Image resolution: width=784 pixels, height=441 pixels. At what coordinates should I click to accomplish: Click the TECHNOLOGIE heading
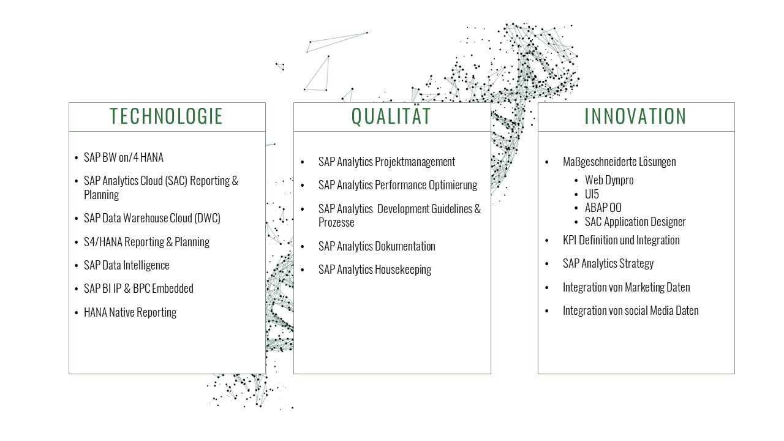pyautogui.click(x=166, y=116)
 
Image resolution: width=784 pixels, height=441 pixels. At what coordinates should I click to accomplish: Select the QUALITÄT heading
pyautogui.click(x=391, y=116)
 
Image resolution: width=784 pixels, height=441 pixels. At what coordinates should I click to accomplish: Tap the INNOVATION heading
pyautogui.click(x=635, y=116)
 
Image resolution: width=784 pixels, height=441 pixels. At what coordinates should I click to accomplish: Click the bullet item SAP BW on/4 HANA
pyautogui.click(x=124, y=157)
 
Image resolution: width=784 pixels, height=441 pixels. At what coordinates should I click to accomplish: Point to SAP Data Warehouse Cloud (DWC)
pyautogui.click(x=152, y=218)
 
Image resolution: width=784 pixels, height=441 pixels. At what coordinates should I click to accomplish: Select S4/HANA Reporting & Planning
pyautogui.click(x=146, y=242)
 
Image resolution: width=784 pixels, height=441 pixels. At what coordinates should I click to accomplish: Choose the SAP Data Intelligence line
pyautogui.click(x=126, y=265)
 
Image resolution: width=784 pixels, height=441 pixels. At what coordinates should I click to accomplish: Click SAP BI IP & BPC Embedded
pyautogui.click(x=138, y=288)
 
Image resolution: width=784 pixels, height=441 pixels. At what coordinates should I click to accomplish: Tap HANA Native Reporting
pyautogui.click(x=130, y=312)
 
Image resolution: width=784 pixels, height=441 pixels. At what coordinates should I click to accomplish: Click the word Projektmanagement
pyautogui.click(x=415, y=162)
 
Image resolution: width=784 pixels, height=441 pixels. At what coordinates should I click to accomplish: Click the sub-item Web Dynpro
pyautogui.click(x=609, y=180)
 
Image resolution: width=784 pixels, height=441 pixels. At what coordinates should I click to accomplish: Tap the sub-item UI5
pyautogui.click(x=592, y=194)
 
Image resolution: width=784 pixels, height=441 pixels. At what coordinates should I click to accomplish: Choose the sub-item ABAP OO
pyautogui.click(x=603, y=208)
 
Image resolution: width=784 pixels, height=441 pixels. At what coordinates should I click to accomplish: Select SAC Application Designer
pyautogui.click(x=635, y=222)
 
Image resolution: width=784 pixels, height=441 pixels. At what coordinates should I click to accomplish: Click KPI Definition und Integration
pyautogui.click(x=621, y=241)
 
